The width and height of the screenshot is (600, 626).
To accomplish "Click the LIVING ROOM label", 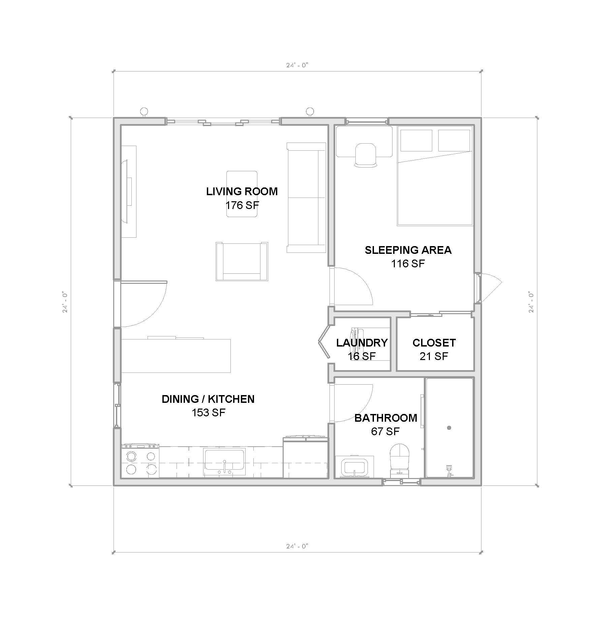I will click(242, 191).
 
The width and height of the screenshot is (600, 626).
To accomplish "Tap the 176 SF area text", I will click(242, 205).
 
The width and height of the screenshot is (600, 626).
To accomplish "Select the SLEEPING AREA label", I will click(408, 250).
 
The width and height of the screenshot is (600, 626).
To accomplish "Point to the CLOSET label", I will click(434, 343).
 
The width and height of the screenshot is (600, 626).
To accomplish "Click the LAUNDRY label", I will click(362, 343).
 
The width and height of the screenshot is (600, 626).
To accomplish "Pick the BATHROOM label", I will click(386, 418).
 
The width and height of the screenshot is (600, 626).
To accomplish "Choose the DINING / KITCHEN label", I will click(208, 399).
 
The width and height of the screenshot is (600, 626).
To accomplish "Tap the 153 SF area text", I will click(208, 413).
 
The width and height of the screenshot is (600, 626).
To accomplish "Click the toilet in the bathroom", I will click(400, 457).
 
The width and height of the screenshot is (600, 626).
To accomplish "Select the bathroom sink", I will click(354, 467).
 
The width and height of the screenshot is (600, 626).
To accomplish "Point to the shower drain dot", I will click(449, 428).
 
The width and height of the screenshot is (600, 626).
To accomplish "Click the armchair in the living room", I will click(242, 262).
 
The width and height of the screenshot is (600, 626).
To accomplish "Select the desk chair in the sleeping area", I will click(366, 154).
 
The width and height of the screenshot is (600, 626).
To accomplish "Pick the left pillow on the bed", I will click(416, 140).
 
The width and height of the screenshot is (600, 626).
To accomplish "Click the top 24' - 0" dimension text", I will click(297, 65).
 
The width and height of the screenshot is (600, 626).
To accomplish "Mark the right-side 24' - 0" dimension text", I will click(531, 302).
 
